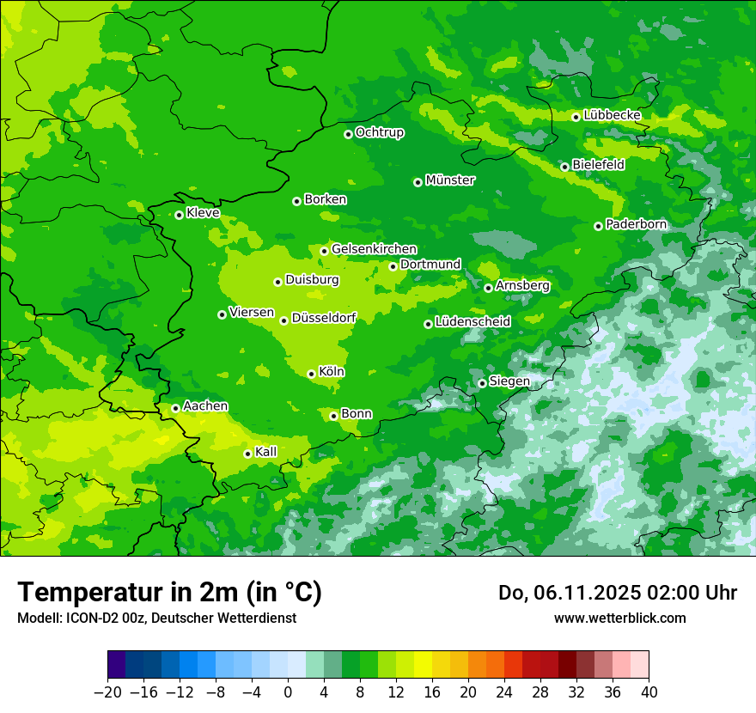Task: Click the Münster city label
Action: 450,180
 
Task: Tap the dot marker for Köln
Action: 312,374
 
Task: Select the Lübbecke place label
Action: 612,115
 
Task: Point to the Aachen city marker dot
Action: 175,408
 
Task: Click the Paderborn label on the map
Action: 636,224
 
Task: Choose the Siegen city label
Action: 509,381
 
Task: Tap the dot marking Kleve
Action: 179,215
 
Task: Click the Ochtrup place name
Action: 380,132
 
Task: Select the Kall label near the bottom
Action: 266,452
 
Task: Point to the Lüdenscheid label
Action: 472,322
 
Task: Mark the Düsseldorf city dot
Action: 284,320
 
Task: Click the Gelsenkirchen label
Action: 374,249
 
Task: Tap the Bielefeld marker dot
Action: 564,167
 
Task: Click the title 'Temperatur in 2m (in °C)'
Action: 169,593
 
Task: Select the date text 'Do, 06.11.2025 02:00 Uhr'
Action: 618,593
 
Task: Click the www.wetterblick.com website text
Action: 619,618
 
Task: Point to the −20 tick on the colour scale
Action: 107,692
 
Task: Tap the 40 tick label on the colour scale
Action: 649,692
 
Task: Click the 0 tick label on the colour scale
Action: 288,692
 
